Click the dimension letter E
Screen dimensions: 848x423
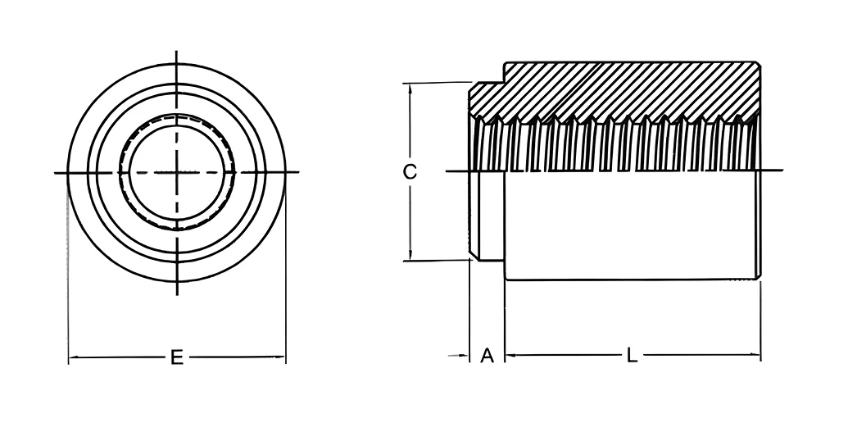point(177,357)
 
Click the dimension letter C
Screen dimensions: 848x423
point(410,172)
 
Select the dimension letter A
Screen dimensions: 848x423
point(487,356)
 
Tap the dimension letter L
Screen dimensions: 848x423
point(632,356)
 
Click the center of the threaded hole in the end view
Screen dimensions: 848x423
point(177,172)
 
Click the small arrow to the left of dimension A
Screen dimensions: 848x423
point(459,356)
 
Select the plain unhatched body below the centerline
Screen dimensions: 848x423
point(632,225)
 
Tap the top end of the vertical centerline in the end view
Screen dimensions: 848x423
point(177,52)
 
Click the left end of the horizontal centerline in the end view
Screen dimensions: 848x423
point(55,173)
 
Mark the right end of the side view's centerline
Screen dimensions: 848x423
point(782,171)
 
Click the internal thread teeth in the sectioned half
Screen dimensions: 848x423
point(615,143)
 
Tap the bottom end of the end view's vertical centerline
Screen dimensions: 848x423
point(177,295)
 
